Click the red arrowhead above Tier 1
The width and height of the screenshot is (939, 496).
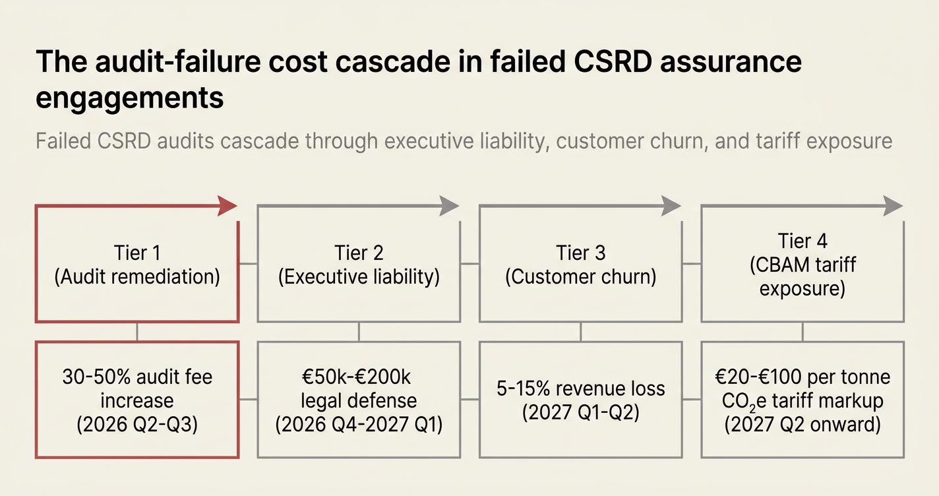coord(227,206)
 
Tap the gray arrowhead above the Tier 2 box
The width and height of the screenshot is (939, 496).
coord(449,206)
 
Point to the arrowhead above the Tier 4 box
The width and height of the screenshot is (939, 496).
coord(893,206)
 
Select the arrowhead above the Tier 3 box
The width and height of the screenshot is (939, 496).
coord(671,206)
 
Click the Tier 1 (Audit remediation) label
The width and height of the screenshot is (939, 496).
coord(137,265)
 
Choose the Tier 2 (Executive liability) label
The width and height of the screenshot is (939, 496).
coord(359,265)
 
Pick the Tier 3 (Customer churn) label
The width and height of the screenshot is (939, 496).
coord(580,265)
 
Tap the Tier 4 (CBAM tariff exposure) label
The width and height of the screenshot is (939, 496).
coord(803,265)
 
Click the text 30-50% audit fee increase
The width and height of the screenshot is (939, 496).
coord(137,388)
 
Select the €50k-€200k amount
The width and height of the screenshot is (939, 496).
coord(356,377)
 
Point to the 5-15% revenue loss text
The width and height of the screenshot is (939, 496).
coord(580,388)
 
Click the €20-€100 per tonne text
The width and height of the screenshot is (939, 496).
coord(803,377)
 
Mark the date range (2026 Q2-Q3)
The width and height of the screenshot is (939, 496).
coord(137,424)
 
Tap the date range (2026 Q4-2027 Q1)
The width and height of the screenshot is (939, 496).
coord(359,424)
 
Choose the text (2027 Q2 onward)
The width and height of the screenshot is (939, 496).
coord(803,424)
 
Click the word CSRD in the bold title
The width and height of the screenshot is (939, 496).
coord(613,62)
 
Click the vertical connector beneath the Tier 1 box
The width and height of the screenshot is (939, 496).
coord(137,332)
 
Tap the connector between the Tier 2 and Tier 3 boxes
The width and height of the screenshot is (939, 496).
coord(470,264)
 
